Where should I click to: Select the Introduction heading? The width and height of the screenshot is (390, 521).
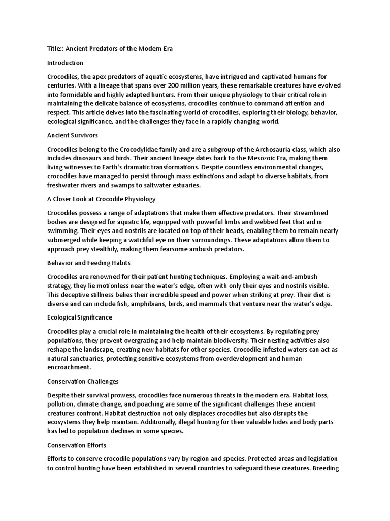point(65,63)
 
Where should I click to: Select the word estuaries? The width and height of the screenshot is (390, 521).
point(184,185)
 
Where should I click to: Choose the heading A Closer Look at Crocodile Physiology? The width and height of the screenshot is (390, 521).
point(101,199)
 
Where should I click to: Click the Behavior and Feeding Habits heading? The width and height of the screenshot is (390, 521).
point(89,263)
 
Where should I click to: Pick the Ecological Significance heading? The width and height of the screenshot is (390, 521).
point(80,317)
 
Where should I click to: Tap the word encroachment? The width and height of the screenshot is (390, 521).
point(69,366)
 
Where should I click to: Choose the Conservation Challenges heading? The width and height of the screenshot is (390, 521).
point(83,381)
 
